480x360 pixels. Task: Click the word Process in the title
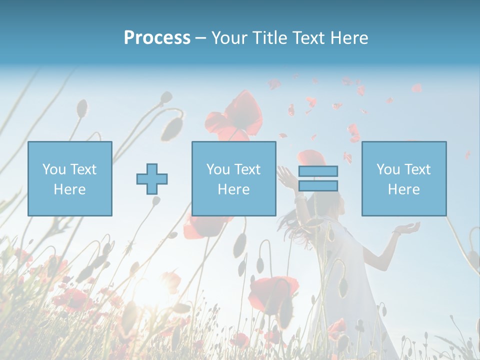[x=157, y=38]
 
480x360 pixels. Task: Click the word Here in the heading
[x=349, y=38]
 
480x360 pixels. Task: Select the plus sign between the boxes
[x=152, y=178]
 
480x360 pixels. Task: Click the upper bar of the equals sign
[x=318, y=171]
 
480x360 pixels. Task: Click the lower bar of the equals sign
[x=318, y=186]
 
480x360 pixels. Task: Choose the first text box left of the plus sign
[x=70, y=178]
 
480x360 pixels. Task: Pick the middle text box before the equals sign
[x=233, y=178]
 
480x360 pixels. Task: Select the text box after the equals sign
[x=403, y=178]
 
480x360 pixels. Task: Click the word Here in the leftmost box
[x=69, y=189]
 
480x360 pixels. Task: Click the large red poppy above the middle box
[x=235, y=117]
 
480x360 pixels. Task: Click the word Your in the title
[x=229, y=38]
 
